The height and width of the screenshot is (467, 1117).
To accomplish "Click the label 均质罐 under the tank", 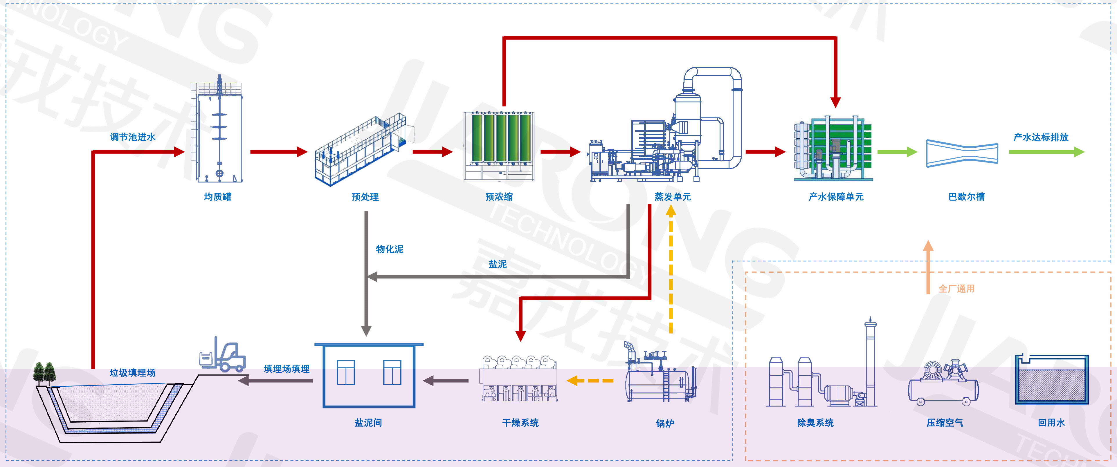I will [x=218, y=197].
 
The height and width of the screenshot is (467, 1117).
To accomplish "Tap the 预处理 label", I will [x=365, y=197].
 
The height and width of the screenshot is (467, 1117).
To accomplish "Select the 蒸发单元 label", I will [x=673, y=197].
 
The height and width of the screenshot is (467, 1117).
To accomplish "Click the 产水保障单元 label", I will [x=836, y=197].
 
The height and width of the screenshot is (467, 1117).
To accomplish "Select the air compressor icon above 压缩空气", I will [x=943, y=383].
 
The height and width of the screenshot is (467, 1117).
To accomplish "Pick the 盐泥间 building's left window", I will [x=346, y=372].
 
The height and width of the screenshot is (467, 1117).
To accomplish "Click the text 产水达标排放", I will [x=1041, y=137].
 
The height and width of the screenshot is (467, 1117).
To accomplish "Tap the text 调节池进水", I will [x=133, y=137].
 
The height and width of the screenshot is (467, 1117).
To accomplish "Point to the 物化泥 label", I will [x=389, y=249].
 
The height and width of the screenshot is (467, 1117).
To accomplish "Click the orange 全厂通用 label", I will [x=956, y=289].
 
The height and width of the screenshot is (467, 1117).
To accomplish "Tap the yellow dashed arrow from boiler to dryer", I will [x=590, y=381].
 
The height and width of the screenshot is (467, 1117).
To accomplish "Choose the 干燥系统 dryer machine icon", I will [x=519, y=379].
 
